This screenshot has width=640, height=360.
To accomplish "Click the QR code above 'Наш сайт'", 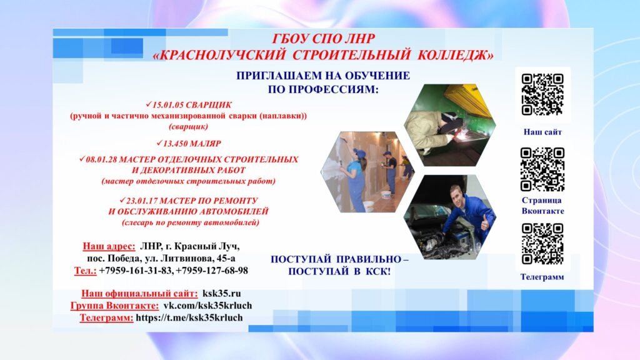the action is (x=542, y=95).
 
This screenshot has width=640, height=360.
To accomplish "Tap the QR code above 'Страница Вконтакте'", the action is (x=542, y=169).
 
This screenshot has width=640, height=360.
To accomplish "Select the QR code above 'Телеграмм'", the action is (x=542, y=244).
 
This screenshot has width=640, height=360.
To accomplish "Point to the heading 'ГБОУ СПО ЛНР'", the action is (x=323, y=39).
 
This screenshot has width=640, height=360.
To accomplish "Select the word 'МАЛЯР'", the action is (x=205, y=144).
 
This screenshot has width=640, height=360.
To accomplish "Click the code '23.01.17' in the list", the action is (x=142, y=201).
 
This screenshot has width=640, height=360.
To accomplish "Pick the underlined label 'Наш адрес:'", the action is (x=109, y=246).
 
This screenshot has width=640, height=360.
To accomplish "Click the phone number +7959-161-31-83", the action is (x=136, y=271).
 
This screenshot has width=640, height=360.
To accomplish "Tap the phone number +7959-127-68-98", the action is (x=212, y=271).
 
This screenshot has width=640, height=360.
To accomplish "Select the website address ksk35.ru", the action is (x=222, y=294).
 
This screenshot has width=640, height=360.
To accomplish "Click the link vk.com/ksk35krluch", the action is (x=207, y=306).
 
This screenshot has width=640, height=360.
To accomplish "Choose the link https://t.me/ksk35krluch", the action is (x=189, y=317).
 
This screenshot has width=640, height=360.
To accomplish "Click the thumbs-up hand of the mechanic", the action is (x=485, y=223).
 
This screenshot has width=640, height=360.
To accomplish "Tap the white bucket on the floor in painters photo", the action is (x=386, y=196).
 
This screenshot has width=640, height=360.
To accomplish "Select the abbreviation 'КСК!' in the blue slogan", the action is (x=377, y=271).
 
